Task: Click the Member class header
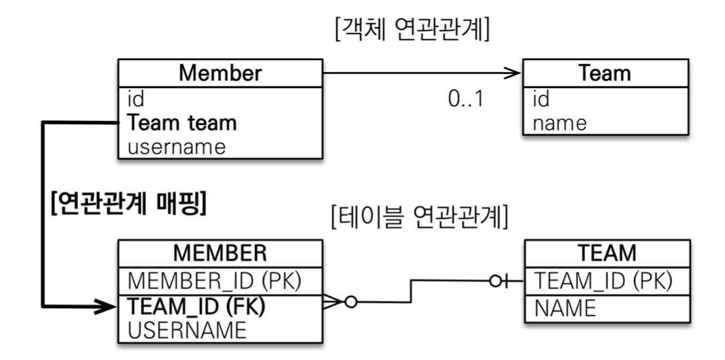click(220, 73)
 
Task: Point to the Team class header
click(605, 73)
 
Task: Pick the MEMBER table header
click(220, 253)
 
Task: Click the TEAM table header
click(608, 253)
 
